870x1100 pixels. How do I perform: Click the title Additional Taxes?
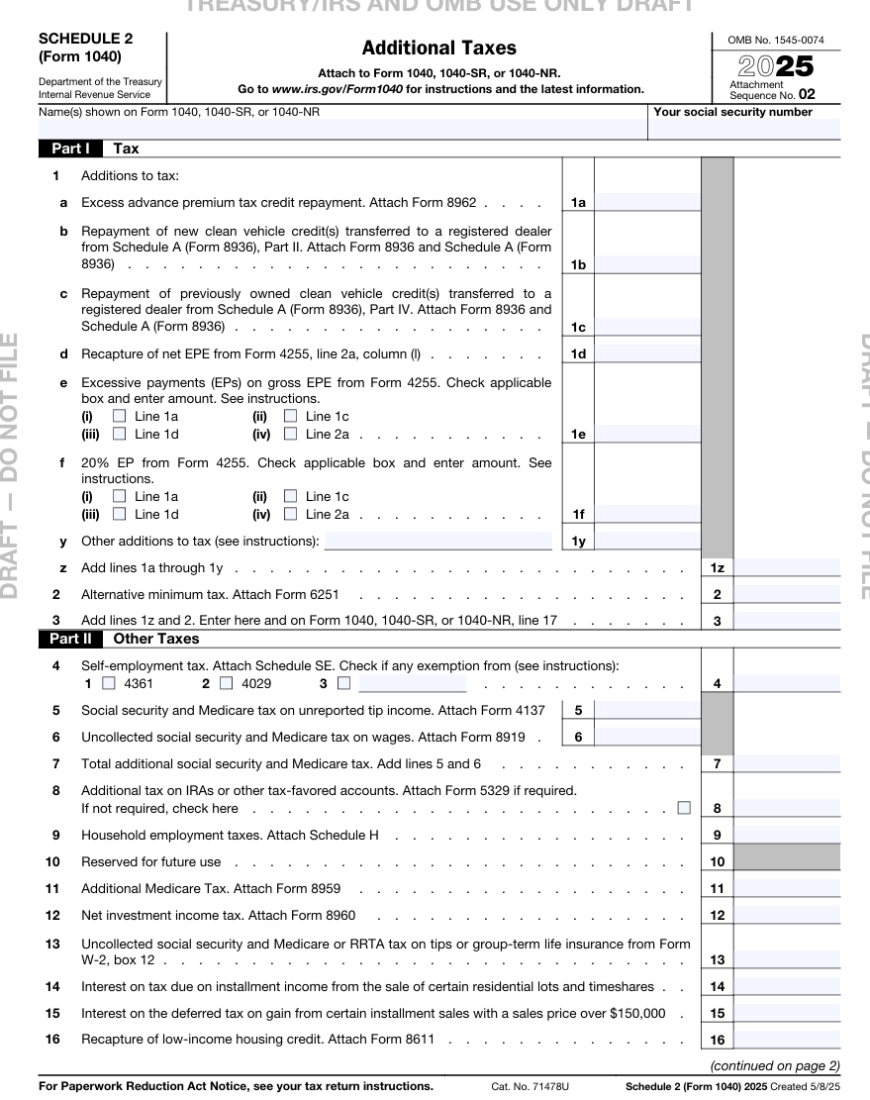tap(438, 48)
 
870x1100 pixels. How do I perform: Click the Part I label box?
tap(70, 149)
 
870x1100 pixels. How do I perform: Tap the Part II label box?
tap(70, 639)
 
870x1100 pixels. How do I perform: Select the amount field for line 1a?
tap(647, 202)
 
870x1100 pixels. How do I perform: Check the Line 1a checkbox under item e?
tap(120, 416)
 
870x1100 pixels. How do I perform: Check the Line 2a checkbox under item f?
tap(290, 514)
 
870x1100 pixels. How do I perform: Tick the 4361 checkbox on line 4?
tap(109, 683)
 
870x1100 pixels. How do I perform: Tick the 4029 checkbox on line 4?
tap(227, 683)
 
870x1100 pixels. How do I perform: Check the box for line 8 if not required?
tap(684, 807)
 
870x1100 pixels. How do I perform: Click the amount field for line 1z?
tap(787, 567)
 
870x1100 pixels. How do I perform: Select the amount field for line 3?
tap(787, 621)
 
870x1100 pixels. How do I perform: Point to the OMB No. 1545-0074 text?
tap(775, 41)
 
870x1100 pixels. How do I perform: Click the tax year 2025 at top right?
tap(776, 67)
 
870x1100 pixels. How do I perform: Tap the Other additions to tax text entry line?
tap(437, 541)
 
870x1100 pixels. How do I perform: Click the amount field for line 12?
tap(787, 915)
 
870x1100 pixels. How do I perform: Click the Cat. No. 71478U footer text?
tap(530, 1086)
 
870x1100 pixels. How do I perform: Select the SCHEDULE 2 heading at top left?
tap(85, 39)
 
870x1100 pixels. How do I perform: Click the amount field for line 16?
tap(787, 1040)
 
